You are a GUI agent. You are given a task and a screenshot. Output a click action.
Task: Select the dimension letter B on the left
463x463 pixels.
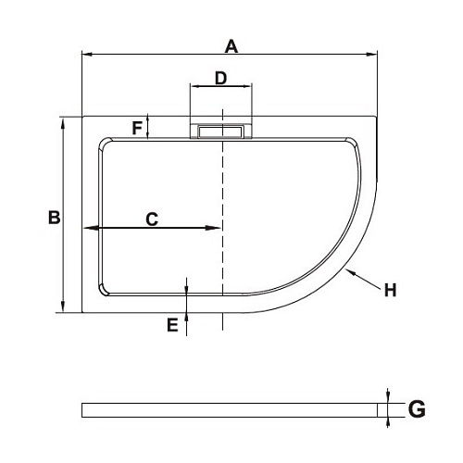click(54, 218)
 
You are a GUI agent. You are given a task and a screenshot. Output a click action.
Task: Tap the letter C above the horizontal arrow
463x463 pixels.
click(152, 219)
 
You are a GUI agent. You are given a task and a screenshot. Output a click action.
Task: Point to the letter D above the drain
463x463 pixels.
click(221, 78)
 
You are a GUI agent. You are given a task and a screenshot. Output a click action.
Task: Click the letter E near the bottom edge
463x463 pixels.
click(171, 324)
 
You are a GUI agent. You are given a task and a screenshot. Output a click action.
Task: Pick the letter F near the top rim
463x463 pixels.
click(137, 128)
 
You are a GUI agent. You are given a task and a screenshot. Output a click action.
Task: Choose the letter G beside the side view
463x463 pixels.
click(417, 408)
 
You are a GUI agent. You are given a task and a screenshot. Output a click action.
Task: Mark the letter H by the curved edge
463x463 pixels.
click(390, 290)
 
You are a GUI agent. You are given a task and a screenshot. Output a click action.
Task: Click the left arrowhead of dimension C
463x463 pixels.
click(88, 228)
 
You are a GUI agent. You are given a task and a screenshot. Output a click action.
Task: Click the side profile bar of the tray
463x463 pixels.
click(231, 409)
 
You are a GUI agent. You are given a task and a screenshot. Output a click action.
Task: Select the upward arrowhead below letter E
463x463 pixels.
click(187, 318)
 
